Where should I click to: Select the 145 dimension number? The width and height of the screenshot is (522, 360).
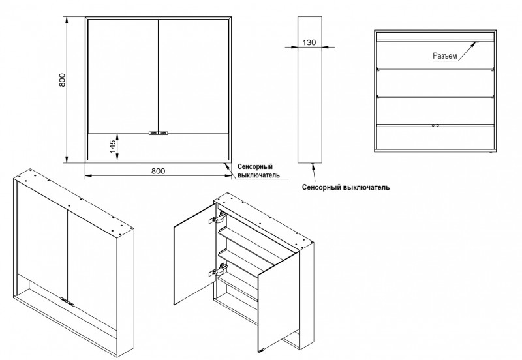coord(113,145)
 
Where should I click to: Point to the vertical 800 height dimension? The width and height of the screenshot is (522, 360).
coord(62,82)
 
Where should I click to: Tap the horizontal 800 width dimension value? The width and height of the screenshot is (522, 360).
coord(158,171)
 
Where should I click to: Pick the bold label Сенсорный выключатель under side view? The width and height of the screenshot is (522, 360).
coord(347,187)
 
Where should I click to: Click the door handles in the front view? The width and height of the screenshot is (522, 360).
coord(159,133)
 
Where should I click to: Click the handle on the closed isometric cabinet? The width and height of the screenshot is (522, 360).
coord(67,301)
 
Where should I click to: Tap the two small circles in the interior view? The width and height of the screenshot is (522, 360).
coord(436,123)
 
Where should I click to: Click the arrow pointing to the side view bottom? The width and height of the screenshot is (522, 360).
coord(314,171)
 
